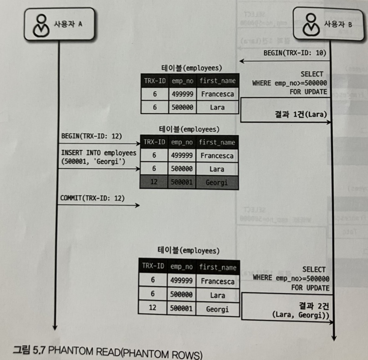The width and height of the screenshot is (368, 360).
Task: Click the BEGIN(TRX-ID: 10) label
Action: pyautogui.click(x=295, y=53)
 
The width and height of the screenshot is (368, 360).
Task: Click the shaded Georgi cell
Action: pyautogui.click(x=217, y=183)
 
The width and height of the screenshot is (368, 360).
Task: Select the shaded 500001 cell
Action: pyautogui.click(x=182, y=183)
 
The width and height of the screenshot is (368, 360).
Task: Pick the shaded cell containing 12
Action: pyautogui.click(x=154, y=183)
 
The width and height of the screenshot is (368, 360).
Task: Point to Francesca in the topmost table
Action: pyautogui.click(x=217, y=94)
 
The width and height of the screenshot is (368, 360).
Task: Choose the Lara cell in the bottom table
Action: pyautogui.click(x=217, y=295)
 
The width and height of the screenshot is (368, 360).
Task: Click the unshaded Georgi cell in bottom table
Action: pyautogui.click(x=217, y=309)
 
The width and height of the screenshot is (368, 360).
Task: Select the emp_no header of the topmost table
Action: pyautogui.click(x=182, y=81)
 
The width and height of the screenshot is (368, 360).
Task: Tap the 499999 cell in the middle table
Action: pyautogui.click(x=182, y=156)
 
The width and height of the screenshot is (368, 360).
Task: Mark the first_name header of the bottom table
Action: pyautogui.click(x=218, y=267)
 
